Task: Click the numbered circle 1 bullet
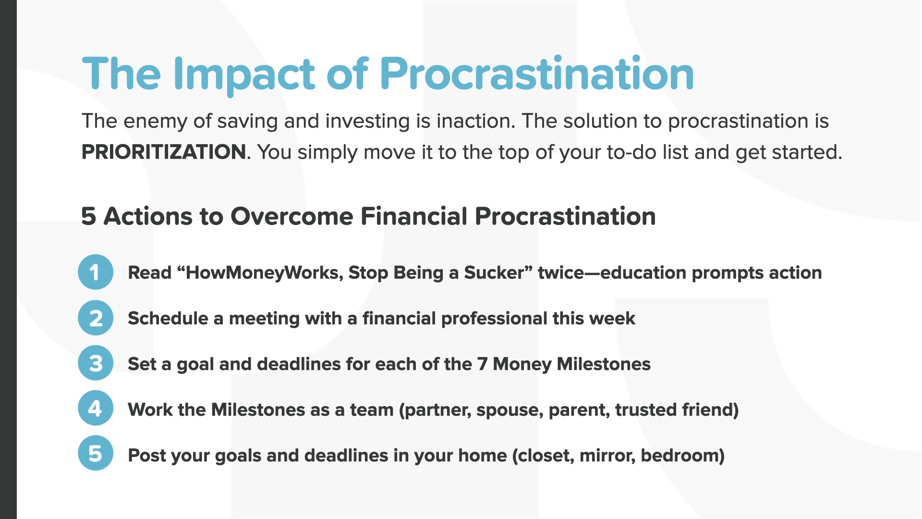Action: [96, 272]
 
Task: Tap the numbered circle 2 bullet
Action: [96, 318]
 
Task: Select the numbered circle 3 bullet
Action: [96, 363]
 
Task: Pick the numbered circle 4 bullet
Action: [96, 408]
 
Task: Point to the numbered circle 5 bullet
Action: [96, 453]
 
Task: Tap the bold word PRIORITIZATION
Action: [164, 152]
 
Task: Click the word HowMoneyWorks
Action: [263, 273]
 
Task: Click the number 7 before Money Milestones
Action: [482, 364]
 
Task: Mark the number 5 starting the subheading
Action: [88, 216]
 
